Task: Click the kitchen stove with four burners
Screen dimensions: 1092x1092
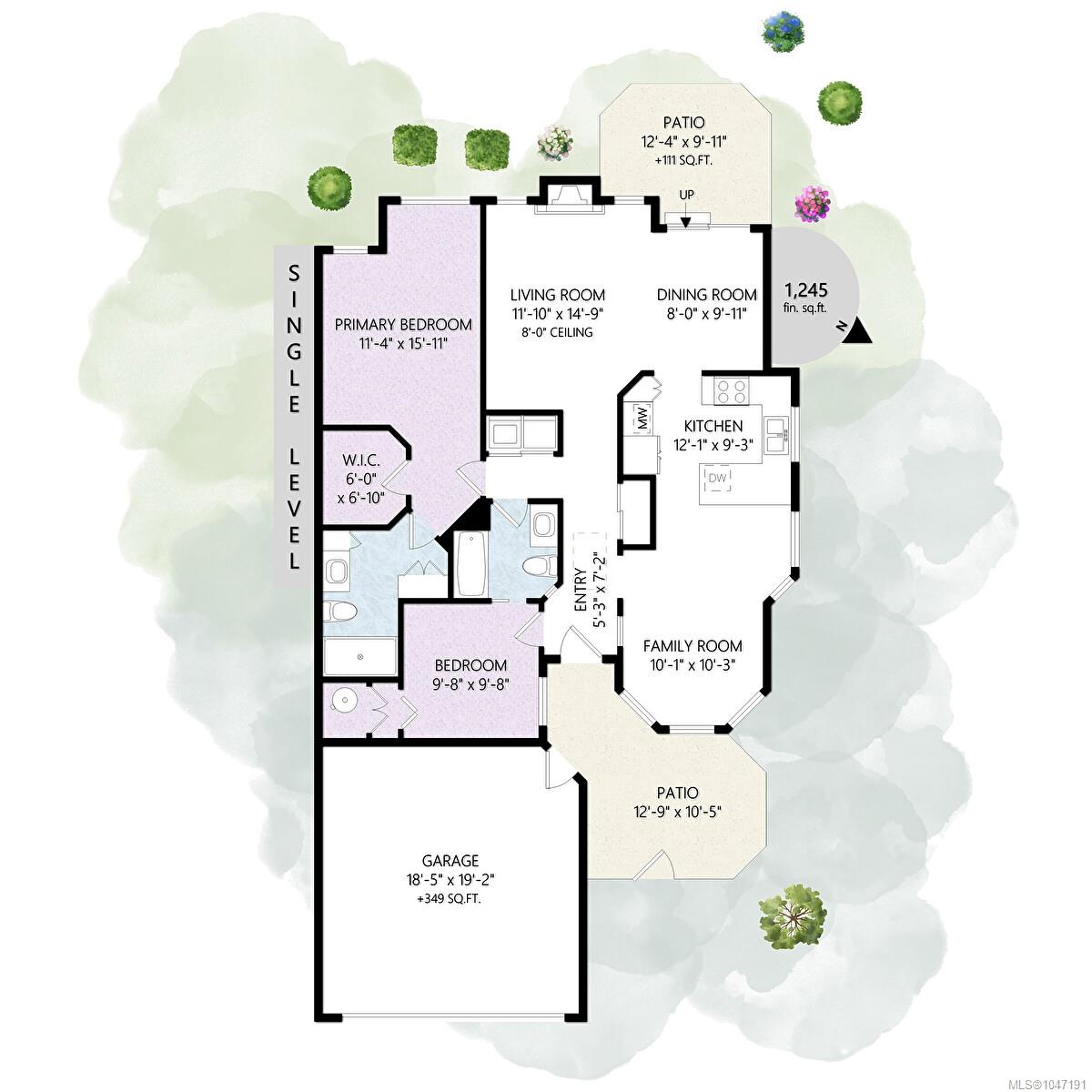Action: pos(731,390)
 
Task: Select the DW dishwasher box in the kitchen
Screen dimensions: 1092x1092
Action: pos(717,477)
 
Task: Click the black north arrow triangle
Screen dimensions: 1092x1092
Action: pos(857,332)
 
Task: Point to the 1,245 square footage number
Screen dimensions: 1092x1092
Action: pos(806,290)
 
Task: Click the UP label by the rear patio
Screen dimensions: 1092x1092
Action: pos(686,195)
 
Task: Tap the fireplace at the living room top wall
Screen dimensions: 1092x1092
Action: pos(569,198)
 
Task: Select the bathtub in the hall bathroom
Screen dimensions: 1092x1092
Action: pos(471,563)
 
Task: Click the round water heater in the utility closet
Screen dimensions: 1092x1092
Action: pos(343,701)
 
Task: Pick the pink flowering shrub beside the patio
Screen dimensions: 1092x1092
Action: pos(813,203)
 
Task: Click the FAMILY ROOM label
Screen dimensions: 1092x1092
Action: pos(693,645)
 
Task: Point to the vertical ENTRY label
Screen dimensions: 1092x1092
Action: pos(580,590)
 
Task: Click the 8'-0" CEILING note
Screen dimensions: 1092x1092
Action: pos(557,332)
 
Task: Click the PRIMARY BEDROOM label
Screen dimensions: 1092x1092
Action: pos(403,325)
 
